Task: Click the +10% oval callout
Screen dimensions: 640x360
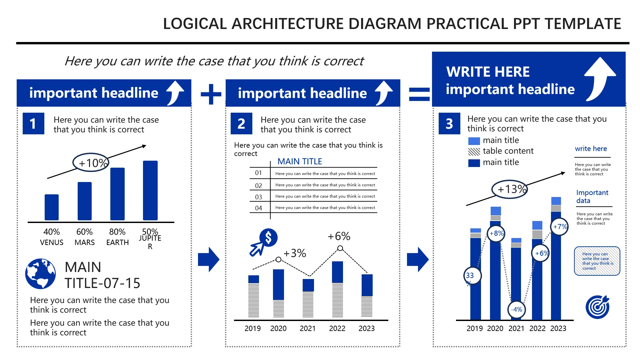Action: coord(91,162)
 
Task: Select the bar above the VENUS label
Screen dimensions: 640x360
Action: coord(52,207)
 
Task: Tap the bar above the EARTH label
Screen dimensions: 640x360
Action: coord(117,194)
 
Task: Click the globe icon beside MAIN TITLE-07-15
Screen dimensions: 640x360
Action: coord(41,274)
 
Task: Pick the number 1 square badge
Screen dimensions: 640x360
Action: coord(33,124)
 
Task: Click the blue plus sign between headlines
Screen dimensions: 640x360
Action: coord(211,94)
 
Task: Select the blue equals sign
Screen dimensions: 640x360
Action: coord(419,94)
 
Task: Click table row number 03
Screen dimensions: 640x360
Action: coord(259,197)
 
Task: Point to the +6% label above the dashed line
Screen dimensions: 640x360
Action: coord(339,236)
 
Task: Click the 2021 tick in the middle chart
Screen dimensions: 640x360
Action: coord(308,328)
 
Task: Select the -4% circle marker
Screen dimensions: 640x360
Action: coord(517,310)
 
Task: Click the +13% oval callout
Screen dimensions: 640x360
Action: coord(510,189)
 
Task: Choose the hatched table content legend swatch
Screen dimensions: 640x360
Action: coord(474,152)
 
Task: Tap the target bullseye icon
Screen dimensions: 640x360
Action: coord(598,307)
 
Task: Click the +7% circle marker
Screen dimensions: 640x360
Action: coord(559,227)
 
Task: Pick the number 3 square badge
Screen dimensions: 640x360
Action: coord(449,124)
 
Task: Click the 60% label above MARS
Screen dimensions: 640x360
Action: coord(85,232)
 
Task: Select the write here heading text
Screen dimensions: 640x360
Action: coord(591,149)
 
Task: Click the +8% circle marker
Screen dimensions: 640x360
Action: coord(496,234)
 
